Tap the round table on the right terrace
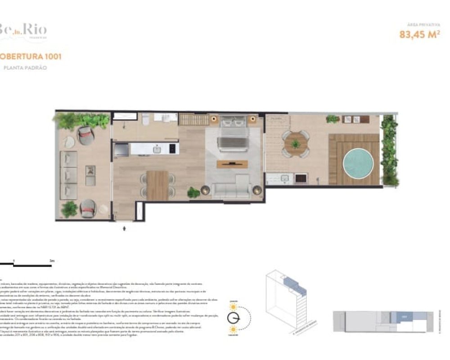296,144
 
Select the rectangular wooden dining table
157,185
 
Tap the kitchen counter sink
156,148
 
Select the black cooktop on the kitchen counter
171,148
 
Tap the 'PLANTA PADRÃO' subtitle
25,68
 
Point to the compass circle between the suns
234,318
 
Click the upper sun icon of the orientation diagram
233,306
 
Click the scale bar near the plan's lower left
27,264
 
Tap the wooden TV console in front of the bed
232,164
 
